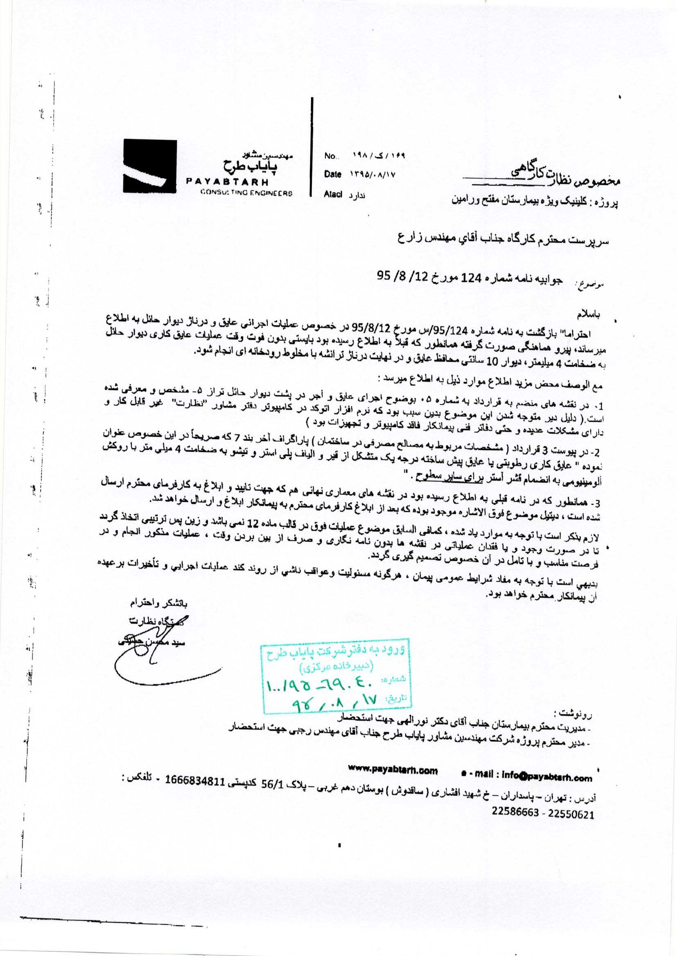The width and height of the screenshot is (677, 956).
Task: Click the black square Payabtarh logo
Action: coord(147,165)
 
